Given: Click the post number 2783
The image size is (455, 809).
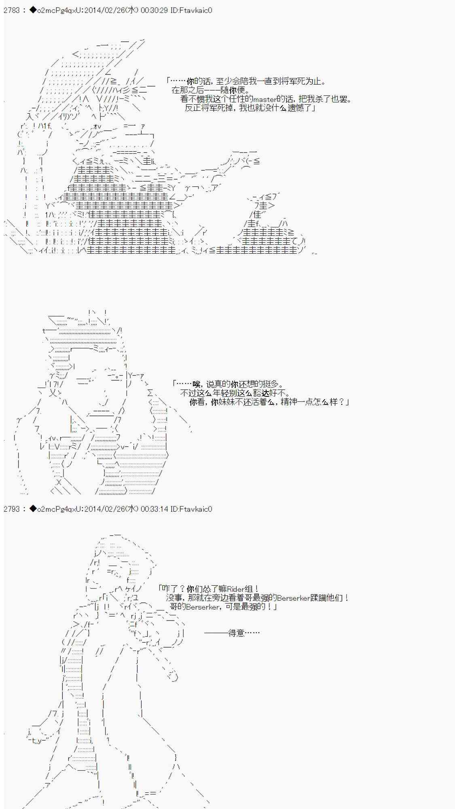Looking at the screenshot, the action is pyautogui.click(x=12, y=11).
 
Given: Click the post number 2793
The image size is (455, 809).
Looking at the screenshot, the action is pyautogui.click(x=12, y=509).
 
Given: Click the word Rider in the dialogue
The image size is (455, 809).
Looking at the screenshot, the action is pyautogui.click(x=236, y=589).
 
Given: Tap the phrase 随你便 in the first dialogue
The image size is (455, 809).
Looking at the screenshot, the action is pyautogui.click(x=233, y=90).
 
